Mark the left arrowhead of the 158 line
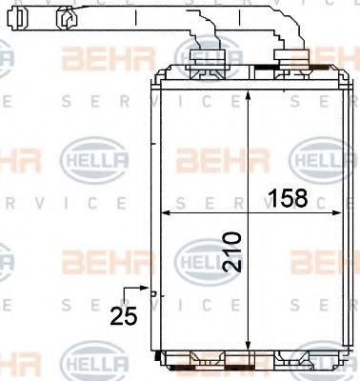pyautogui.click(x=158, y=211)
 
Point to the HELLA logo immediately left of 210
pyautogui.click(x=196, y=258)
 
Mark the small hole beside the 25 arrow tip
pyautogui.click(x=156, y=292)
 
